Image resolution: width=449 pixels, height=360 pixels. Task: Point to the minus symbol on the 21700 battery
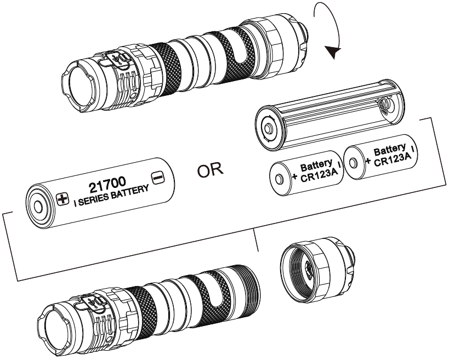157,178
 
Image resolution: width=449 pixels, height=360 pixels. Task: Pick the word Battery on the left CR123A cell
316,164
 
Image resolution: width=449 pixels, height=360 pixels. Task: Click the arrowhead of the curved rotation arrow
332,53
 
